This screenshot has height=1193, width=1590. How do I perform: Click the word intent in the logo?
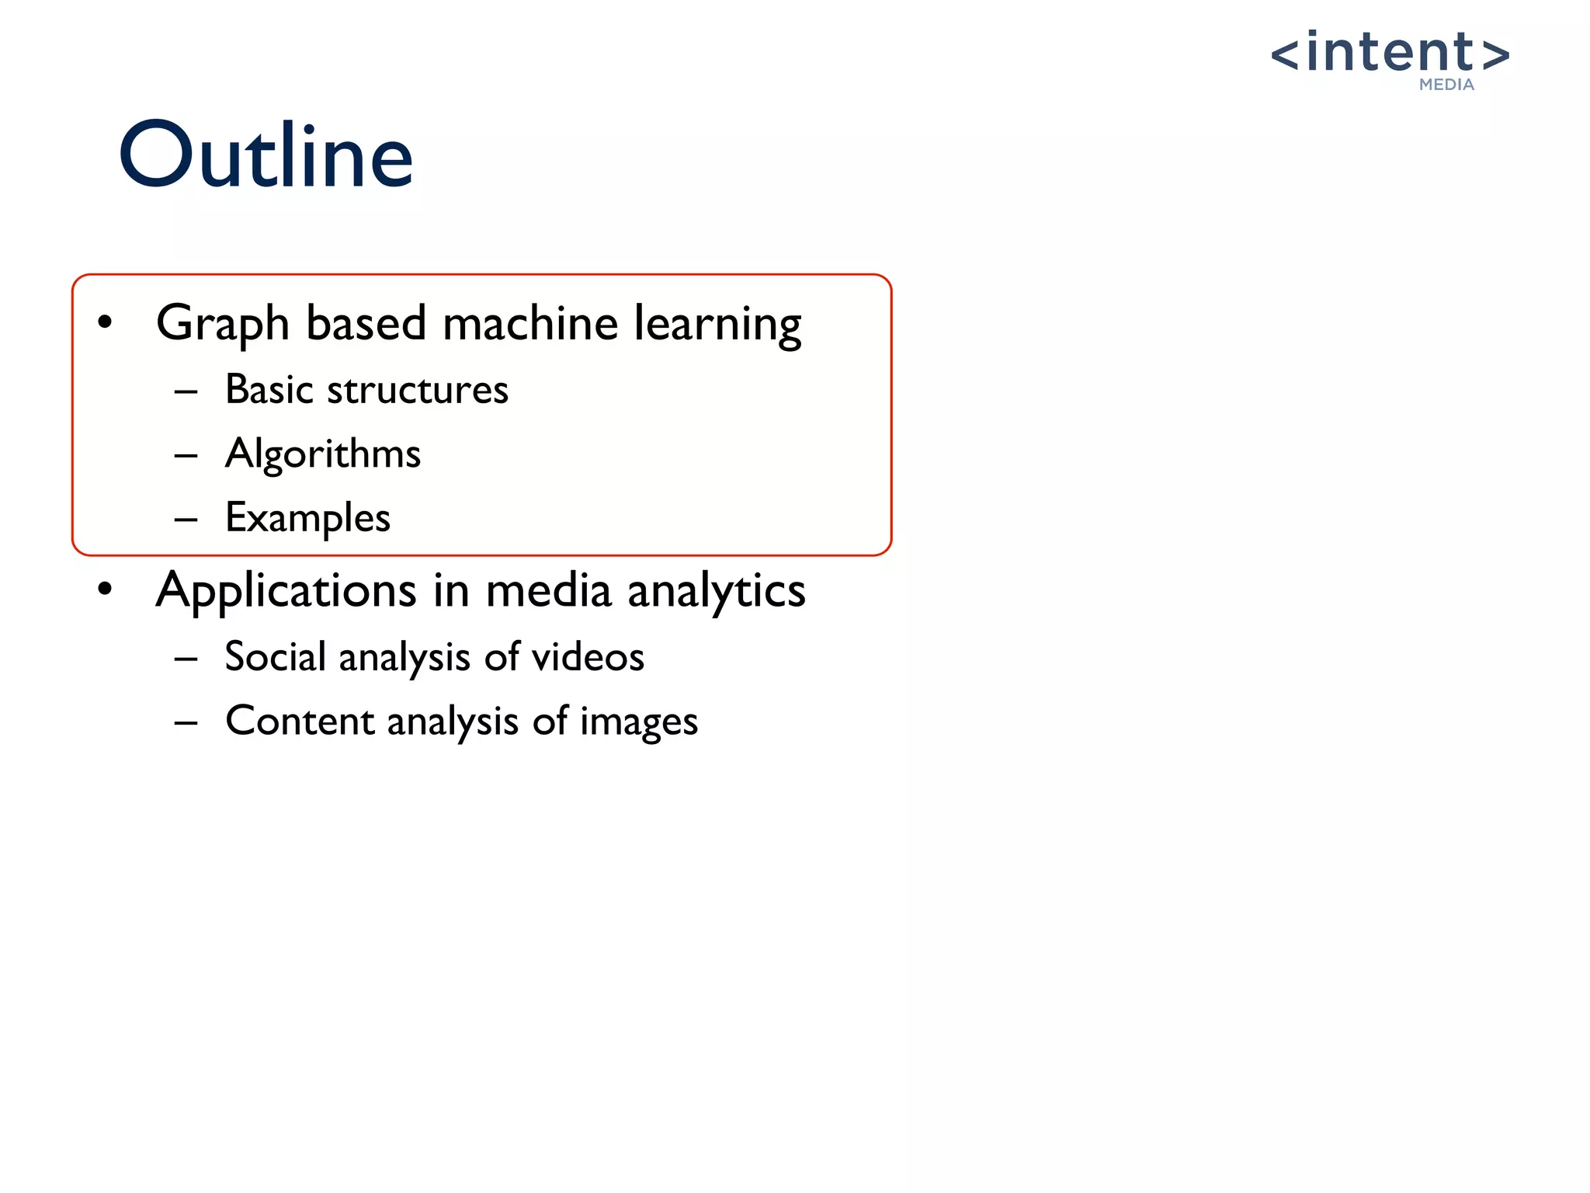click(x=1390, y=53)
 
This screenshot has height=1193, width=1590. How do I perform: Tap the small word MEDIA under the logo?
click(x=1446, y=85)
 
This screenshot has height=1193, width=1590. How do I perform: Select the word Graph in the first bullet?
click(x=222, y=323)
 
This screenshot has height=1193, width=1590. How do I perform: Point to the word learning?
click(x=717, y=323)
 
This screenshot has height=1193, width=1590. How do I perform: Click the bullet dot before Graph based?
click(x=106, y=322)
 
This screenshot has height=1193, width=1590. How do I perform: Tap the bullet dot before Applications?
click(x=106, y=589)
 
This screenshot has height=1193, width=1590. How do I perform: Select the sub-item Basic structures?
click(x=366, y=389)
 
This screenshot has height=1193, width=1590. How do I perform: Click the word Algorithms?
click(x=323, y=454)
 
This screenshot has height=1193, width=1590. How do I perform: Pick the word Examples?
click(x=307, y=518)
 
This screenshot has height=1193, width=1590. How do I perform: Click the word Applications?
click(x=286, y=590)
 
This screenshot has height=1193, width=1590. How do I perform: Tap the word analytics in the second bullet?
click(x=716, y=590)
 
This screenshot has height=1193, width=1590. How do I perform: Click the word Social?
click(x=275, y=656)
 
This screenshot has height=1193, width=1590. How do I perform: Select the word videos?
click(x=588, y=656)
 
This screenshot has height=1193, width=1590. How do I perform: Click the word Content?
click(x=300, y=721)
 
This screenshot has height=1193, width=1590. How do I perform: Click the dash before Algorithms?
click(x=186, y=455)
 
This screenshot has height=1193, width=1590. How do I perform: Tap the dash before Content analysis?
click(x=186, y=722)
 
